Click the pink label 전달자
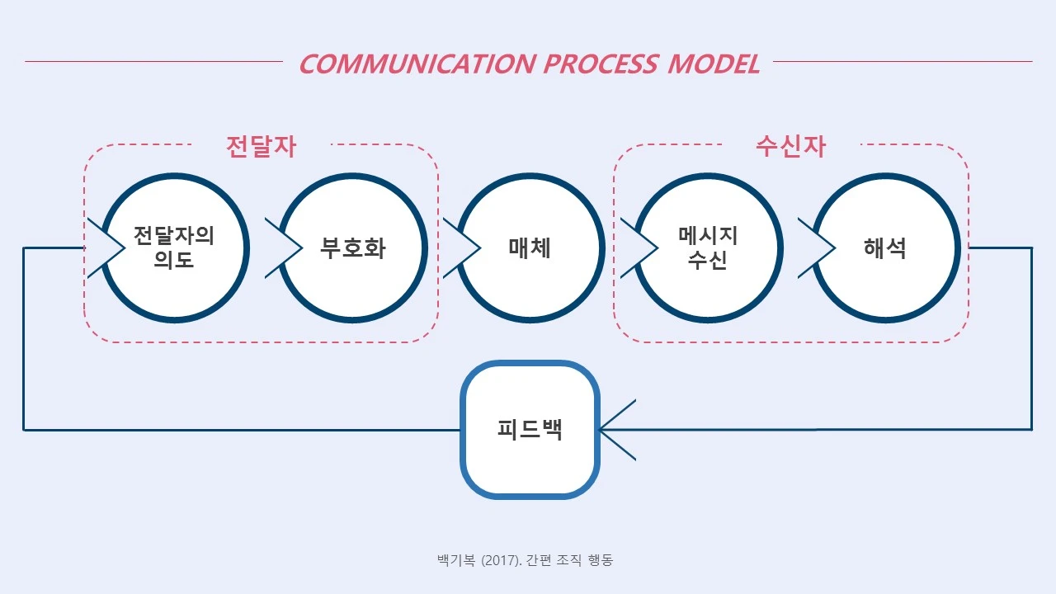pos(261,146)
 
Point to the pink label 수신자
pos(790,146)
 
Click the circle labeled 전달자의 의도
pos(174,247)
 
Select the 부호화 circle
pos(353,247)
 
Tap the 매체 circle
pos(530,247)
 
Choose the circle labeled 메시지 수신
pos(708,247)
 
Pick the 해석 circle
pos(886,247)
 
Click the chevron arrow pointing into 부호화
pos(285,247)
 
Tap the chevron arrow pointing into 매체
pos(463,247)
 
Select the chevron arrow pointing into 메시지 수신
pos(640,247)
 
